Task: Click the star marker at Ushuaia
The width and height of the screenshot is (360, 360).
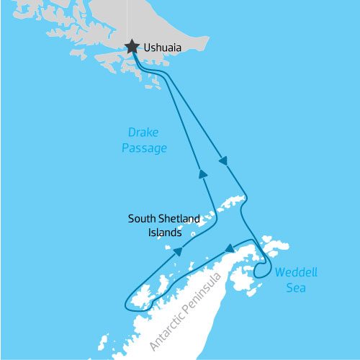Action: pos(132,47)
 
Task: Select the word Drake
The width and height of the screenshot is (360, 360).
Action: pos(143,133)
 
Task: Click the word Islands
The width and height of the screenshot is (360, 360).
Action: pos(162,233)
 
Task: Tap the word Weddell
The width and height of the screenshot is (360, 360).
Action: pos(295,273)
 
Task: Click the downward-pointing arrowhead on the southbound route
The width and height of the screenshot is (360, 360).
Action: pos(223,160)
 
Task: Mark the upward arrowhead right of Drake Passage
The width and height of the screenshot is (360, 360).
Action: pos(203,174)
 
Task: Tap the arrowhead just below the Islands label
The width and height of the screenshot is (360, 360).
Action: pos(176,252)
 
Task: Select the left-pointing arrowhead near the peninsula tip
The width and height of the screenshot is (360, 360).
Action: pos(230,249)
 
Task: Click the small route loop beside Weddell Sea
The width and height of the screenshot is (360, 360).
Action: pos(262,269)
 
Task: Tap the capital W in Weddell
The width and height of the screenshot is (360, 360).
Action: pos(279,273)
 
